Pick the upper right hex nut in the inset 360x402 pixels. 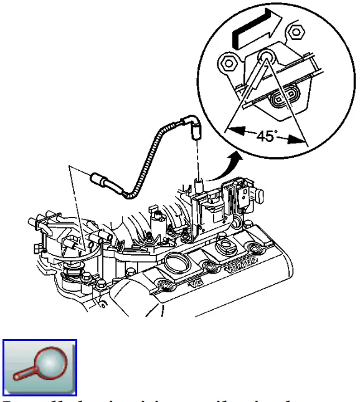(295, 31)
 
